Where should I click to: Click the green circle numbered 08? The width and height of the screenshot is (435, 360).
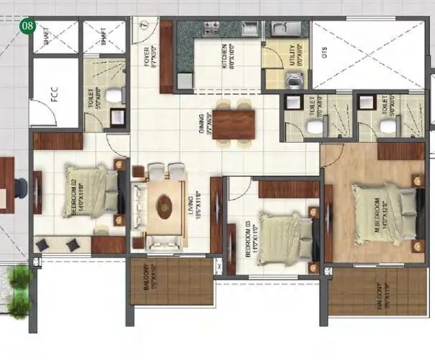[x=28, y=27]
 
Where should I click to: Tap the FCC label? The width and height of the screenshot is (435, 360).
[x=54, y=97]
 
